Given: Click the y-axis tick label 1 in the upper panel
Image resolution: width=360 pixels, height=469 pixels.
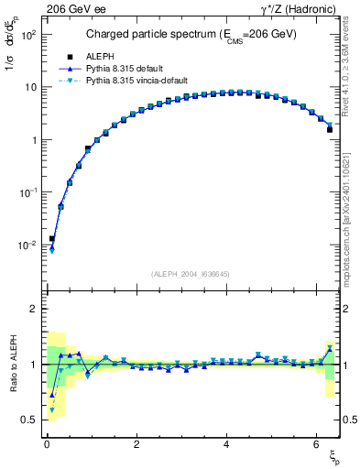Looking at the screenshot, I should tap(36, 140).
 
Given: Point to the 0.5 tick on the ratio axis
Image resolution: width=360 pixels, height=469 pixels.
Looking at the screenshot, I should tap(31, 420).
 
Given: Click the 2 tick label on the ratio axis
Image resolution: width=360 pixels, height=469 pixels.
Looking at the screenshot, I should tap(36, 310).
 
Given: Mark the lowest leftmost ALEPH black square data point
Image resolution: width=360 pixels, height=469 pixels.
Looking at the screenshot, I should tap(52, 239).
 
